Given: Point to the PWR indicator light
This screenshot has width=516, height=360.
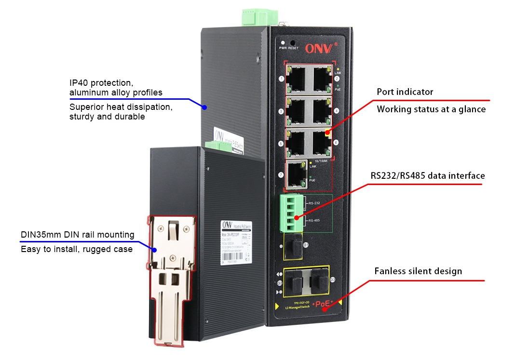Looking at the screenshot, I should click(283, 42).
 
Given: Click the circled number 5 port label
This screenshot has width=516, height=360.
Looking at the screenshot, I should click(281, 143).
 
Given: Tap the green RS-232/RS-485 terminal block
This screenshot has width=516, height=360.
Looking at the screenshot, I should click(291, 213).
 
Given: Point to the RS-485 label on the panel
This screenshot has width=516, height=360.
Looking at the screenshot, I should click(314, 220).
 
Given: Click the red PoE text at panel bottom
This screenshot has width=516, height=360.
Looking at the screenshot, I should click(324, 304).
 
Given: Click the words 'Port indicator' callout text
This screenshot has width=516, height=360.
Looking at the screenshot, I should click(405, 92).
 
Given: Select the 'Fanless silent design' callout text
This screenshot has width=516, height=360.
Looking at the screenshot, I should click(418, 271).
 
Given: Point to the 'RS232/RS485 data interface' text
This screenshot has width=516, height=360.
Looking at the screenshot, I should click(427, 175).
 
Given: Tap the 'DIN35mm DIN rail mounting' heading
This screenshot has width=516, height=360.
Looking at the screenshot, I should click(77, 235).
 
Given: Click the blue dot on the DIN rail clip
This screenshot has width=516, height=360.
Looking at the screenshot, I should click(155, 250).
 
